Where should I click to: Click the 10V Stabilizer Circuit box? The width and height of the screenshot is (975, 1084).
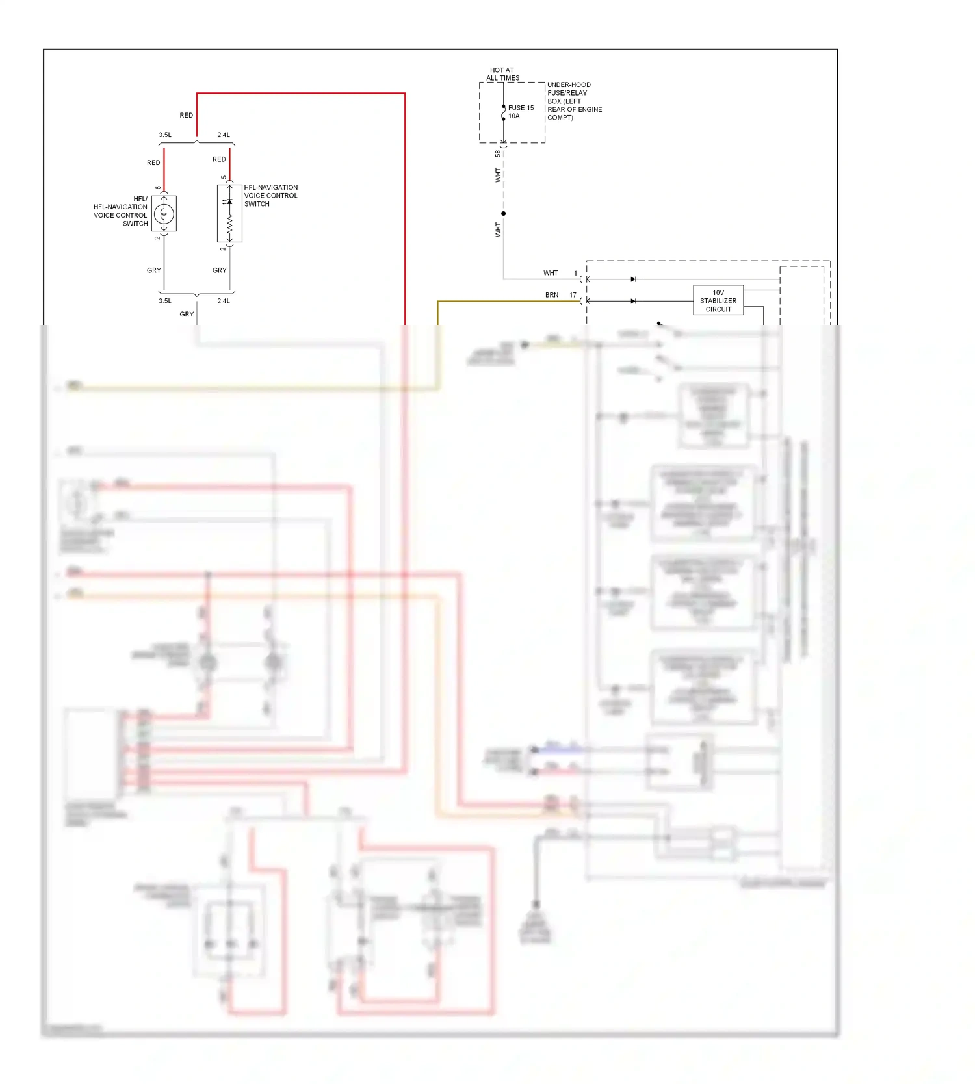(718, 301)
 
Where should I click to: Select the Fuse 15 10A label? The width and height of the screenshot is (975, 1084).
(521, 112)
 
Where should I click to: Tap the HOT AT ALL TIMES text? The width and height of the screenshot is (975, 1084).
(502, 74)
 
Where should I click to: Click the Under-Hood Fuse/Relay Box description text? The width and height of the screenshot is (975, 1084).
(574, 101)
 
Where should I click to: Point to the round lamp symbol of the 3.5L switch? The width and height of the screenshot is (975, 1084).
(164, 214)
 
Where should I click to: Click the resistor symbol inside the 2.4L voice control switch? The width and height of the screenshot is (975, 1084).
(229, 224)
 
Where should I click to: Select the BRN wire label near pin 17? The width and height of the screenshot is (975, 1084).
(552, 295)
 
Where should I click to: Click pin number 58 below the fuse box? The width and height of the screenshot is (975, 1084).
(498, 154)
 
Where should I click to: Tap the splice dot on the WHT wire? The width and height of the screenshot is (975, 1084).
(503, 213)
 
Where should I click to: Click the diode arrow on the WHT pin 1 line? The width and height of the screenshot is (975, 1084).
(633, 279)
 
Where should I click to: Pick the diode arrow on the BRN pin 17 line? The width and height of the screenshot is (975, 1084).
(633, 301)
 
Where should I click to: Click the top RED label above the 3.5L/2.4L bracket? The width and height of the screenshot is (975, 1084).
(187, 116)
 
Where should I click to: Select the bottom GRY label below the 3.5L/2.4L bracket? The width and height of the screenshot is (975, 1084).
(187, 315)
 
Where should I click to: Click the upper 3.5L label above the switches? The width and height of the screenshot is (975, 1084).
(165, 135)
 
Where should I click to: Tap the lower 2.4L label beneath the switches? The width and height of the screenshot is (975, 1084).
(224, 301)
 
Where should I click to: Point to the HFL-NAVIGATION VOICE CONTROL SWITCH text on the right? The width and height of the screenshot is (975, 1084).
(270, 196)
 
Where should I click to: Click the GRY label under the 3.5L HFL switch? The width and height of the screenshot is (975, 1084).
(154, 270)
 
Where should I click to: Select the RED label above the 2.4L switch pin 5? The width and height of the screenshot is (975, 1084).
(219, 159)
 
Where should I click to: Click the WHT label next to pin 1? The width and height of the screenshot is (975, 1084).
(551, 273)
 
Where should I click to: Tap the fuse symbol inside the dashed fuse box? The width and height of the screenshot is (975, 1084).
(503, 113)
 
